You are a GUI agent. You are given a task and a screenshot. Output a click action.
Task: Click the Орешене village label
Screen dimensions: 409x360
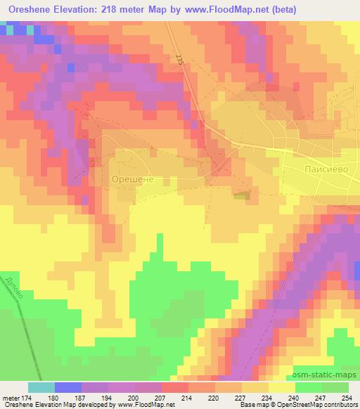[x=133, y=180]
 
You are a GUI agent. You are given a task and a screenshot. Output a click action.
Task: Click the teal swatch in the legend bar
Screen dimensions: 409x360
[x=41, y=387]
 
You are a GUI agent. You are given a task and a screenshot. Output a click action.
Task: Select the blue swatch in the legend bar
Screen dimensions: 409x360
[x=67, y=387]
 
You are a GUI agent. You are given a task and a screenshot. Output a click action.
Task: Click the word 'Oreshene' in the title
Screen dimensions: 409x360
[x=29, y=9]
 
